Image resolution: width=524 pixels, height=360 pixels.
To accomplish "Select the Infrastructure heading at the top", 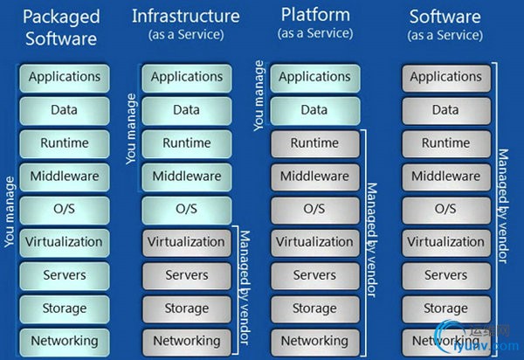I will [x=186, y=16].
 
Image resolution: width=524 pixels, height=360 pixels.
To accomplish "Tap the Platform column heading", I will [x=314, y=16].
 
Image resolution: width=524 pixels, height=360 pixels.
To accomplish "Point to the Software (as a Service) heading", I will [x=446, y=16].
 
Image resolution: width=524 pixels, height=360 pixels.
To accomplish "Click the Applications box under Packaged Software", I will [x=64, y=77].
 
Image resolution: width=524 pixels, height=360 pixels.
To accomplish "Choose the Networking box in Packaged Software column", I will [x=64, y=340].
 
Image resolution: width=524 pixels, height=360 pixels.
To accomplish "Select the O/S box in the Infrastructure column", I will [x=186, y=209].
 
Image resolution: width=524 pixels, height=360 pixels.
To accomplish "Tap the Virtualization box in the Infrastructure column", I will [x=186, y=242].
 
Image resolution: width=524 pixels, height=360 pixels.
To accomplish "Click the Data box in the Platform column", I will [x=314, y=110].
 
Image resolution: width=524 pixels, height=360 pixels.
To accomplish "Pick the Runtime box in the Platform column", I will [x=314, y=143].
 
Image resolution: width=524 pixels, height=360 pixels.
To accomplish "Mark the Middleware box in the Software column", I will [x=445, y=177].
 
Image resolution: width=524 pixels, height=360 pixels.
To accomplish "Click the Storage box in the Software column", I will [x=445, y=308].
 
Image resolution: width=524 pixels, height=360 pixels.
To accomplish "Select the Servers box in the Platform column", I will [x=314, y=275].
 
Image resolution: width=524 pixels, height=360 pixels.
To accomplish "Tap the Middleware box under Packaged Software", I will [x=64, y=177].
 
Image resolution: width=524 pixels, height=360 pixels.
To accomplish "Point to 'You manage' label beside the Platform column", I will [x=259, y=97].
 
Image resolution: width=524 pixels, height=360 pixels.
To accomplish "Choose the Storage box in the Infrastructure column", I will [x=186, y=308].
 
